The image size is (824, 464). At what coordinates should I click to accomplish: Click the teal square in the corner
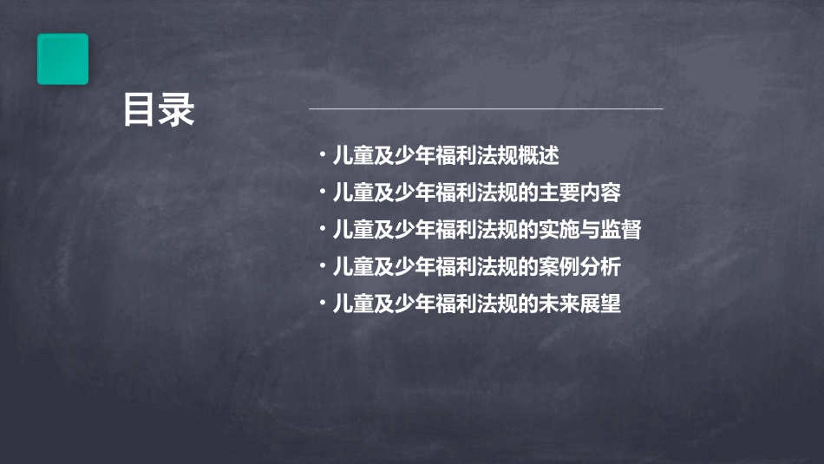62,59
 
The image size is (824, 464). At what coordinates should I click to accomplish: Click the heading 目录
159,111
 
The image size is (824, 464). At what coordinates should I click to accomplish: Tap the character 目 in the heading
140,111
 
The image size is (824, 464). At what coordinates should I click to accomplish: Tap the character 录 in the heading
178,111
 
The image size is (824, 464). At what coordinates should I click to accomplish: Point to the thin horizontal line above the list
486,108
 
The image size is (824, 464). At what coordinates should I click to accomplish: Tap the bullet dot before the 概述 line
322,156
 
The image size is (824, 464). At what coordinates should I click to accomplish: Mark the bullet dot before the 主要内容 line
322,193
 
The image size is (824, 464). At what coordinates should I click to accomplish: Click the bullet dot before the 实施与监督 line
322,230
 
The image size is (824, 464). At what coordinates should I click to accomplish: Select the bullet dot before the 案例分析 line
322,267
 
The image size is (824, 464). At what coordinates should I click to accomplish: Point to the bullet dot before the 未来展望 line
322,304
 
